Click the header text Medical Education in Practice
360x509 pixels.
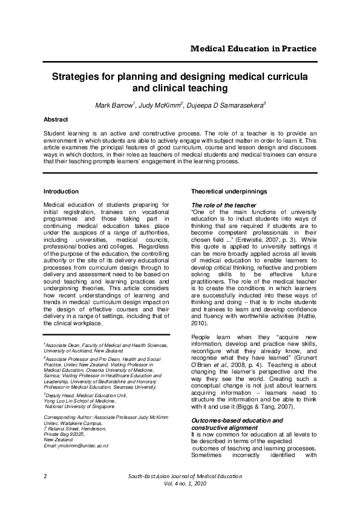point(254,49)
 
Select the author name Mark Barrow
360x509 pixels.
point(114,107)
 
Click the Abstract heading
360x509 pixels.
point(56,120)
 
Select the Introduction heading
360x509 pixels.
point(61,192)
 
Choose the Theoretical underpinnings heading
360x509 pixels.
point(227,192)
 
